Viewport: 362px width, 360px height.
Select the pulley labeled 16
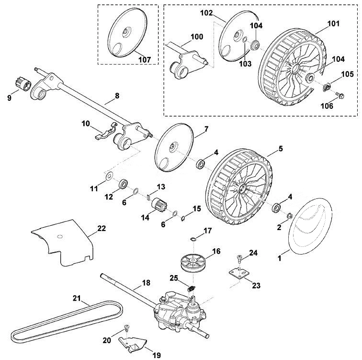coord(192,263)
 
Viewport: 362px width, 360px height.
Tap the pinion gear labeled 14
coord(160,206)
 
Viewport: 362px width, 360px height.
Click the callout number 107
coord(145,59)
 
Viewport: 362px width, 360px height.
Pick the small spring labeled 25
coord(192,289)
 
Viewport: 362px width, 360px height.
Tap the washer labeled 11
coord(108,176)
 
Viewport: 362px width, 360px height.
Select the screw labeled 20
coord(127,328)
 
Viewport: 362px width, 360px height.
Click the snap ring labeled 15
coord(183,218)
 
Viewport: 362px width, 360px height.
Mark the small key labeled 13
coord(149,197)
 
